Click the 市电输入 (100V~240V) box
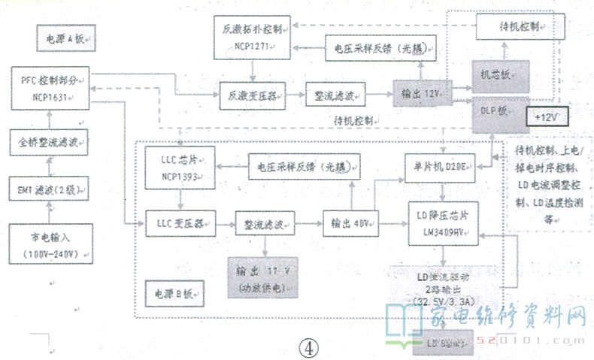(x=50, y=244)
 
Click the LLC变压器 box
(x=178, y=223)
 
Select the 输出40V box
(x=350, y=223)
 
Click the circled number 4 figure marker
(x=308, y=347)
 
